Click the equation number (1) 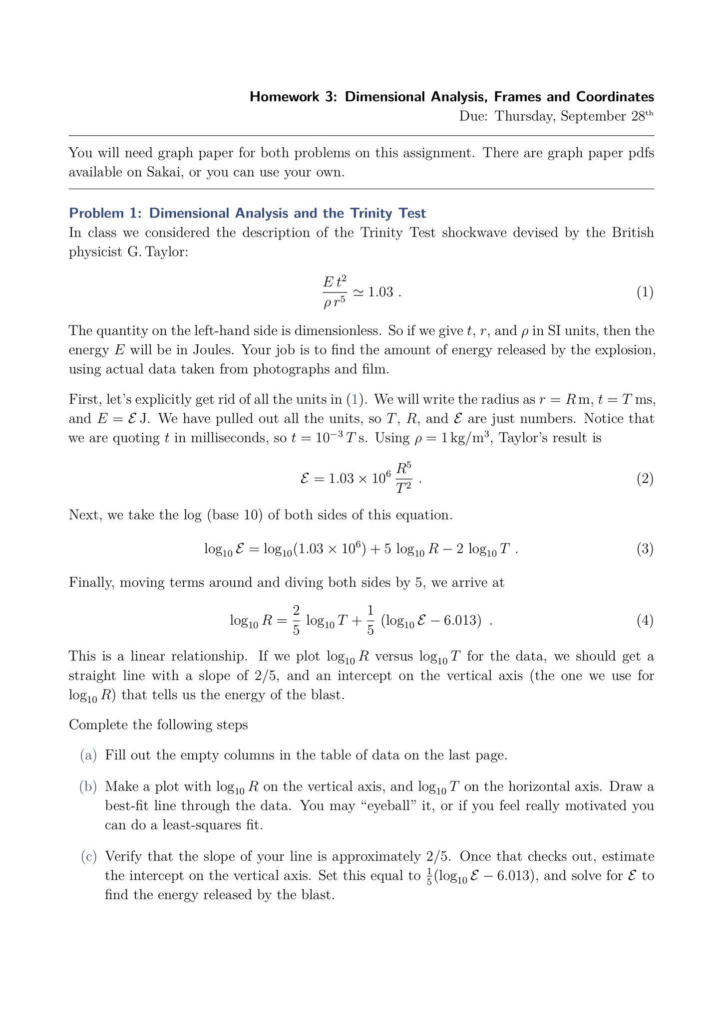645,292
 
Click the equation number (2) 645,479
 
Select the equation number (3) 645,549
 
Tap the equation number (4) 645,621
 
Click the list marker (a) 88,755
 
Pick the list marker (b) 88,787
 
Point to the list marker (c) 88,857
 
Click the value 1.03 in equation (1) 380,292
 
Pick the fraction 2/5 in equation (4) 296,620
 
